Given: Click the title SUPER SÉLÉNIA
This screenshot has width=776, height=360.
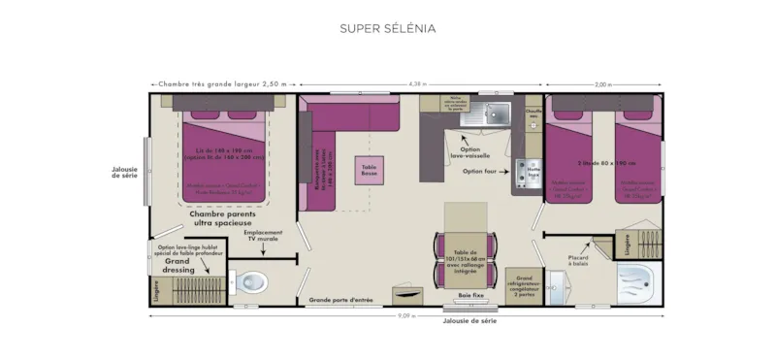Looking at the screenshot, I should click(x=387, y=28).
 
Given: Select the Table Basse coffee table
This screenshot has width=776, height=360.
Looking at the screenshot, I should click(x=369, y=171).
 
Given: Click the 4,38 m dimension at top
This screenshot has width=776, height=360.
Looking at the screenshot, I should click(x=417, y=84).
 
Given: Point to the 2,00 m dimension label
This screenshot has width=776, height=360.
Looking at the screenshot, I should click(x=602, y=84).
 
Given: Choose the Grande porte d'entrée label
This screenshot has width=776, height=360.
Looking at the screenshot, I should click(x=340, y=301).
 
